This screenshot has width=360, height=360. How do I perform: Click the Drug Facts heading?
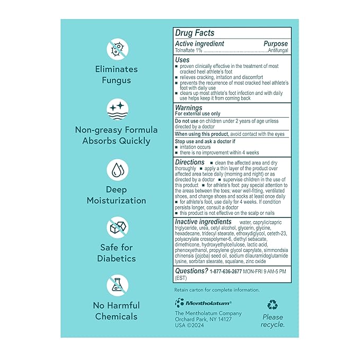(195, 33)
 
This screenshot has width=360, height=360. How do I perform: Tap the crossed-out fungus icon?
(117, 49)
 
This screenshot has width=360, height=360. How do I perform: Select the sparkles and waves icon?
(117, 110)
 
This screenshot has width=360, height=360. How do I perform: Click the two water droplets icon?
(117, 171)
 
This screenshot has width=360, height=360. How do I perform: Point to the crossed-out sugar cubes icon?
(117, 229)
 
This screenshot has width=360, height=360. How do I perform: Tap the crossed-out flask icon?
(117, 286)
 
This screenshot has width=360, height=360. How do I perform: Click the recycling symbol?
(273, 304)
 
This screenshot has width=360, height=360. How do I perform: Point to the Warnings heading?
(189, 108)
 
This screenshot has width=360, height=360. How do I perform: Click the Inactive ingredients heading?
(204, 222)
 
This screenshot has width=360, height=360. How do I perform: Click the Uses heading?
(182, 60)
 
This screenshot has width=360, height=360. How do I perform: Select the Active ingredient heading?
(200, 43)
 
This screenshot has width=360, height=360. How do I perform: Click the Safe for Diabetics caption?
(117, 253)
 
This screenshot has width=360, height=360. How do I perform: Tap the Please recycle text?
(273, 321)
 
